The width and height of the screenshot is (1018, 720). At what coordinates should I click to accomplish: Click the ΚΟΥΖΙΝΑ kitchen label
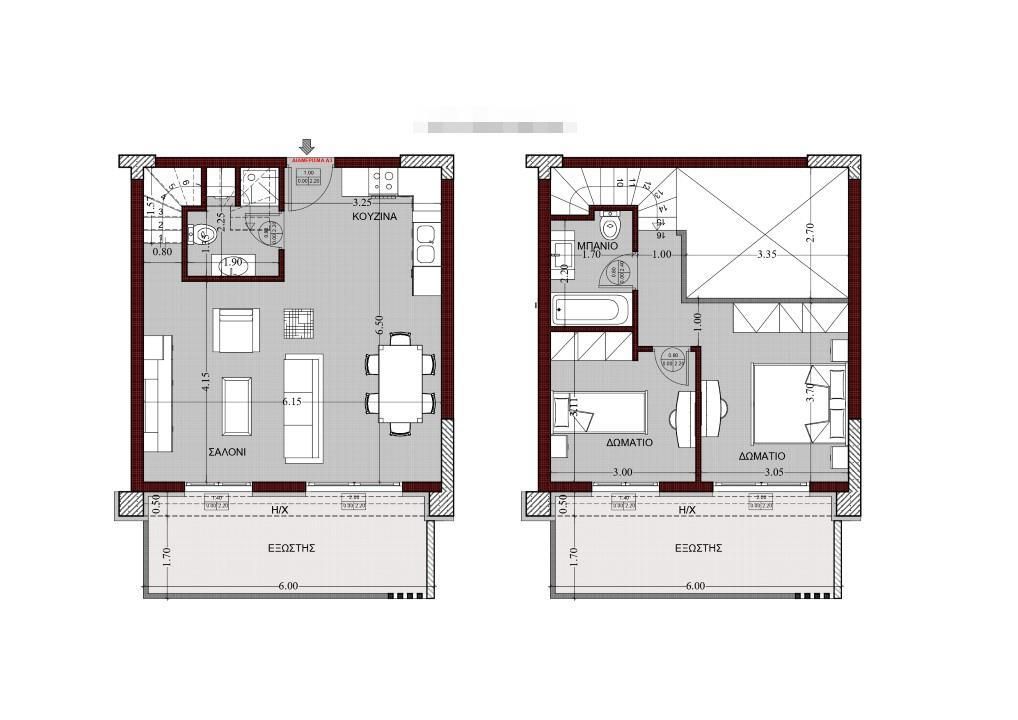pos(375,216)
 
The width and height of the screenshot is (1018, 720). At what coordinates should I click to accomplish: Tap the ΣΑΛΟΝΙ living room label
pos(227,452)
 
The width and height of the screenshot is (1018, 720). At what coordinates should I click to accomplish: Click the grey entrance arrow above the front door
pos(307,147)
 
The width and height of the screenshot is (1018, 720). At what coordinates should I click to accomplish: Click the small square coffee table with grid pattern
pos(298,323)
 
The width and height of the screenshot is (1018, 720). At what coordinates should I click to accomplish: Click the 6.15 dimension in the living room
pos(292,401)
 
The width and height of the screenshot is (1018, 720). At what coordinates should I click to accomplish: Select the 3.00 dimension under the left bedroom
pos(622,472)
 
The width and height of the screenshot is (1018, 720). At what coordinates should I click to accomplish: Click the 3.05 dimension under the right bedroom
pos(774,472)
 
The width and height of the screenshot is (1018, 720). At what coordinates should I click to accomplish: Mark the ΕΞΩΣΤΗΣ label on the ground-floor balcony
pos(292,548)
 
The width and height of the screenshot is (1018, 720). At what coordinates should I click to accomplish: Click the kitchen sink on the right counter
pos(425,244)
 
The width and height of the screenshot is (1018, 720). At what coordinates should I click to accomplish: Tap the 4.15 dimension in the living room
pos(205,382)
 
